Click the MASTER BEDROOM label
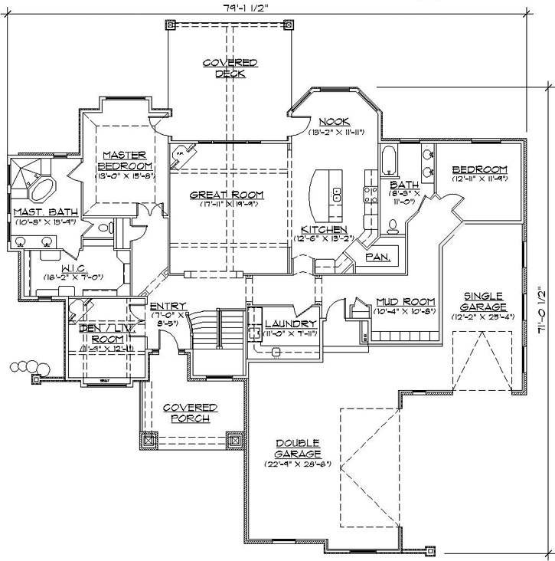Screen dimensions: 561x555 coord(125,160)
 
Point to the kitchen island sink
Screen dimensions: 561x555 coord(335,192)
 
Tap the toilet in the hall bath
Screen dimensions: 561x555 coord(393,225)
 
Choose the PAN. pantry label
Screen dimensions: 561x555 coord(377,257)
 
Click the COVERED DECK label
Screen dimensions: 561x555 coord(230,68)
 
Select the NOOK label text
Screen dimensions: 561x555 coord(335,121)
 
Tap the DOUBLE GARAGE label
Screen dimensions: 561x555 coord(298,449)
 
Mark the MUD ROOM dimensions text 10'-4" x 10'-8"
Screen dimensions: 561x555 coord(405,312)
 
